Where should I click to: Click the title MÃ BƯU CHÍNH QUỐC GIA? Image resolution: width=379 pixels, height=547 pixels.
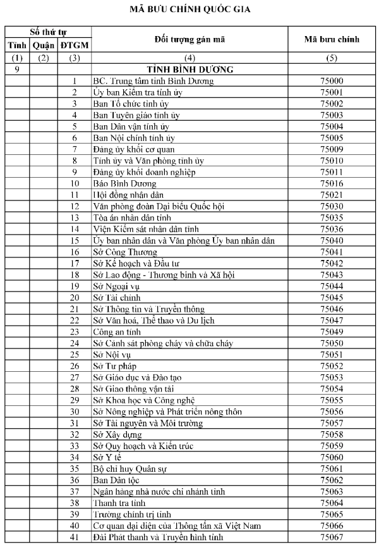(189, 10)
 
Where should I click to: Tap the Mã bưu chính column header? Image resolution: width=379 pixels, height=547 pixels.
(332, 39)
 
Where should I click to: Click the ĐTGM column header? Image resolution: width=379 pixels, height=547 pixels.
(75, 46)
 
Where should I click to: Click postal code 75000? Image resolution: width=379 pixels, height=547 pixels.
(332, 81)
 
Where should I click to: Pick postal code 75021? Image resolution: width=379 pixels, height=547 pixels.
(332, 195)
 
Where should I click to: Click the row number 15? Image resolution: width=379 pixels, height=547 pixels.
(75, 240)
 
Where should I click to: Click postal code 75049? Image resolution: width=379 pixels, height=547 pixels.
(332, 331)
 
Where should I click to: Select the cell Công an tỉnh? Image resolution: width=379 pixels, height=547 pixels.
(117, 331)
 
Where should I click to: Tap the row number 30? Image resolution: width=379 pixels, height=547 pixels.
(75, 411)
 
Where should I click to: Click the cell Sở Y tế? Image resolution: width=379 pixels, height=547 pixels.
(107, 457)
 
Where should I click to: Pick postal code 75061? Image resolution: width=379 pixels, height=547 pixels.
(332, 468)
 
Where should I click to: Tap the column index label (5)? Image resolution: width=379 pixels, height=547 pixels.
(332, 58)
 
